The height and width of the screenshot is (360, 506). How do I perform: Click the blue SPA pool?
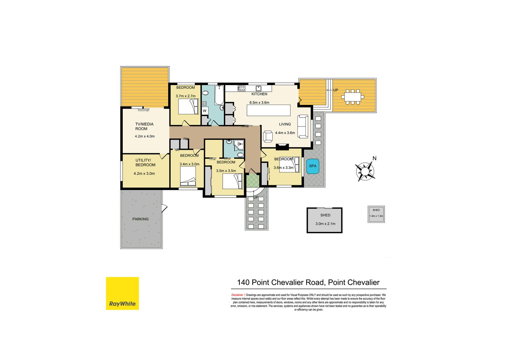point(312,166)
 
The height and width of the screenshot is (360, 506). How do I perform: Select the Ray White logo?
point(122,293)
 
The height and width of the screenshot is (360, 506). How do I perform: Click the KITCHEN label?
point(259,94)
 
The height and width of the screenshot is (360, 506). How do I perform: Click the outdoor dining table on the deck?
point(352,96)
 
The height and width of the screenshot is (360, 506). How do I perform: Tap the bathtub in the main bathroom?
point(219,95)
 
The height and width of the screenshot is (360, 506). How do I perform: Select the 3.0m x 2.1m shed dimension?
point(325,224)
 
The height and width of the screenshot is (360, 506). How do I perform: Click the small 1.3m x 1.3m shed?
point(376,214)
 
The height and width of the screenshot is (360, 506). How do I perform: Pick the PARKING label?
point(140,219)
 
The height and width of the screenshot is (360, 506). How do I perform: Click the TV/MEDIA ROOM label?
point(144,126)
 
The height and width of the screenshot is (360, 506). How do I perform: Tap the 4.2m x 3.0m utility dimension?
point(144,174)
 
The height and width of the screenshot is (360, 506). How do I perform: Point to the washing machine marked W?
point(205,111)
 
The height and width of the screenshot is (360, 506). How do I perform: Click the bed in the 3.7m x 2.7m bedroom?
point(188,107)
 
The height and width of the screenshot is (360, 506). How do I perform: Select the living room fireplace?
point(282,147)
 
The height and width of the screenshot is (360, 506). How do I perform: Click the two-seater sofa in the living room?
point(303,126)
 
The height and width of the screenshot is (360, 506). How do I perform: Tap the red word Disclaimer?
point(237,295)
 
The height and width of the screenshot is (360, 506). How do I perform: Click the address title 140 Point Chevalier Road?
point(308,282)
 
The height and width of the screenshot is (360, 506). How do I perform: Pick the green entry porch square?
point(253,180)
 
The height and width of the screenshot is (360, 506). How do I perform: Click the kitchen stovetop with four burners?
point(241,88)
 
